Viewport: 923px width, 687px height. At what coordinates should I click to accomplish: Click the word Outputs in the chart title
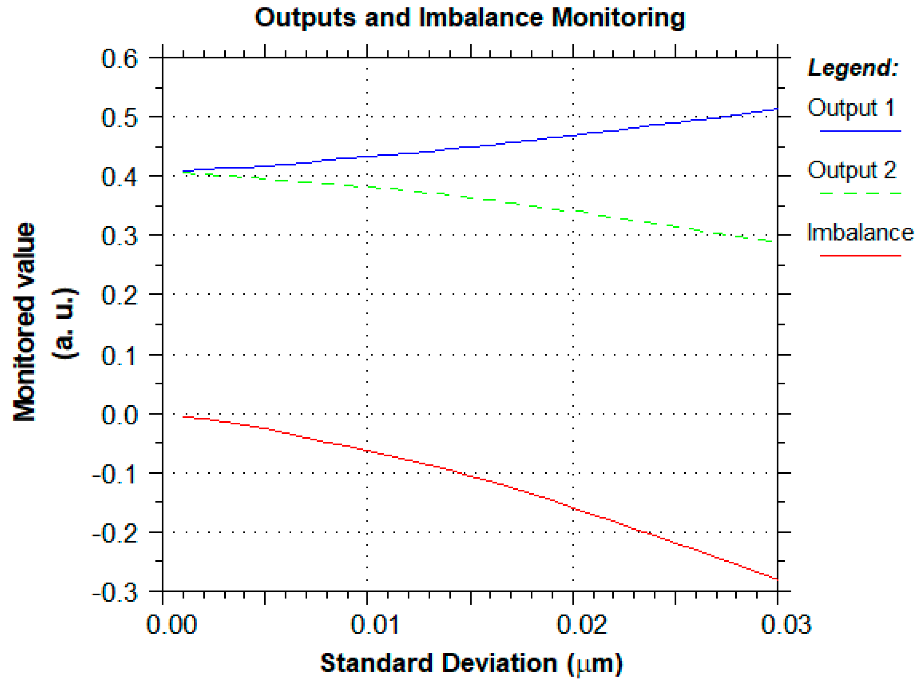click(305, 18)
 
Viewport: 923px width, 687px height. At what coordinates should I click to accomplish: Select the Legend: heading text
click(852, 67)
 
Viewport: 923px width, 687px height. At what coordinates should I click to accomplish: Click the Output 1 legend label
click(851, 108)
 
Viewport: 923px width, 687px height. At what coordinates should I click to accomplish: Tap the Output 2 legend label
click(851, 170)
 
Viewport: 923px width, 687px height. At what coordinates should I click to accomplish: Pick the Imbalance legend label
click(860, 233)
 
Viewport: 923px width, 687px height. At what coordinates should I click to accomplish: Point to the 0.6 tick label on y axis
click(119, 59)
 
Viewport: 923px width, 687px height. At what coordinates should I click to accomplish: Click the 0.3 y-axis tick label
click(119, 236)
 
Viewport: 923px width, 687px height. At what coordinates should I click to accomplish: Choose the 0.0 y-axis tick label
click(119, 415)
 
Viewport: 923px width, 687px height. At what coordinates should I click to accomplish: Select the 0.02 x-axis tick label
click(581, 625)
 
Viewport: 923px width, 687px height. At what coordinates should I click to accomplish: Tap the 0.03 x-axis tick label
click(786, 625)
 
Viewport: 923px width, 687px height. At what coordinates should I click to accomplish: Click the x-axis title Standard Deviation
click(438, 663)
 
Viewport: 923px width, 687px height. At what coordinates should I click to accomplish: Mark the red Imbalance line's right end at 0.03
click(776, 579)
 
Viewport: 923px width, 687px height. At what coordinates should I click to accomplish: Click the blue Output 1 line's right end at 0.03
click(776, 109)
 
